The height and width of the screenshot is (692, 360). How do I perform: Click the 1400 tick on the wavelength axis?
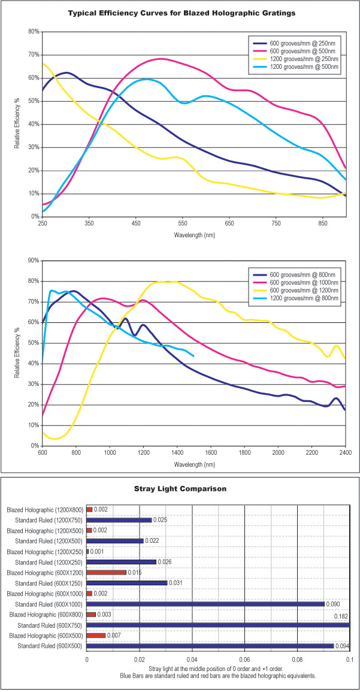(x=177, y=453)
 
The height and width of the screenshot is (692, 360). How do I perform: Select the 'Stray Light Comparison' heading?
(x=180, y=488)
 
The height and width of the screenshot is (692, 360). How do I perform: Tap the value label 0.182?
(x=341, y=615)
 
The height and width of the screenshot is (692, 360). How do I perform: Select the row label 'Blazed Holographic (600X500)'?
(x=45, y=636)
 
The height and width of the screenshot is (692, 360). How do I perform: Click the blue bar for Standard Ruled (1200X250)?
(x=122, y=562)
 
